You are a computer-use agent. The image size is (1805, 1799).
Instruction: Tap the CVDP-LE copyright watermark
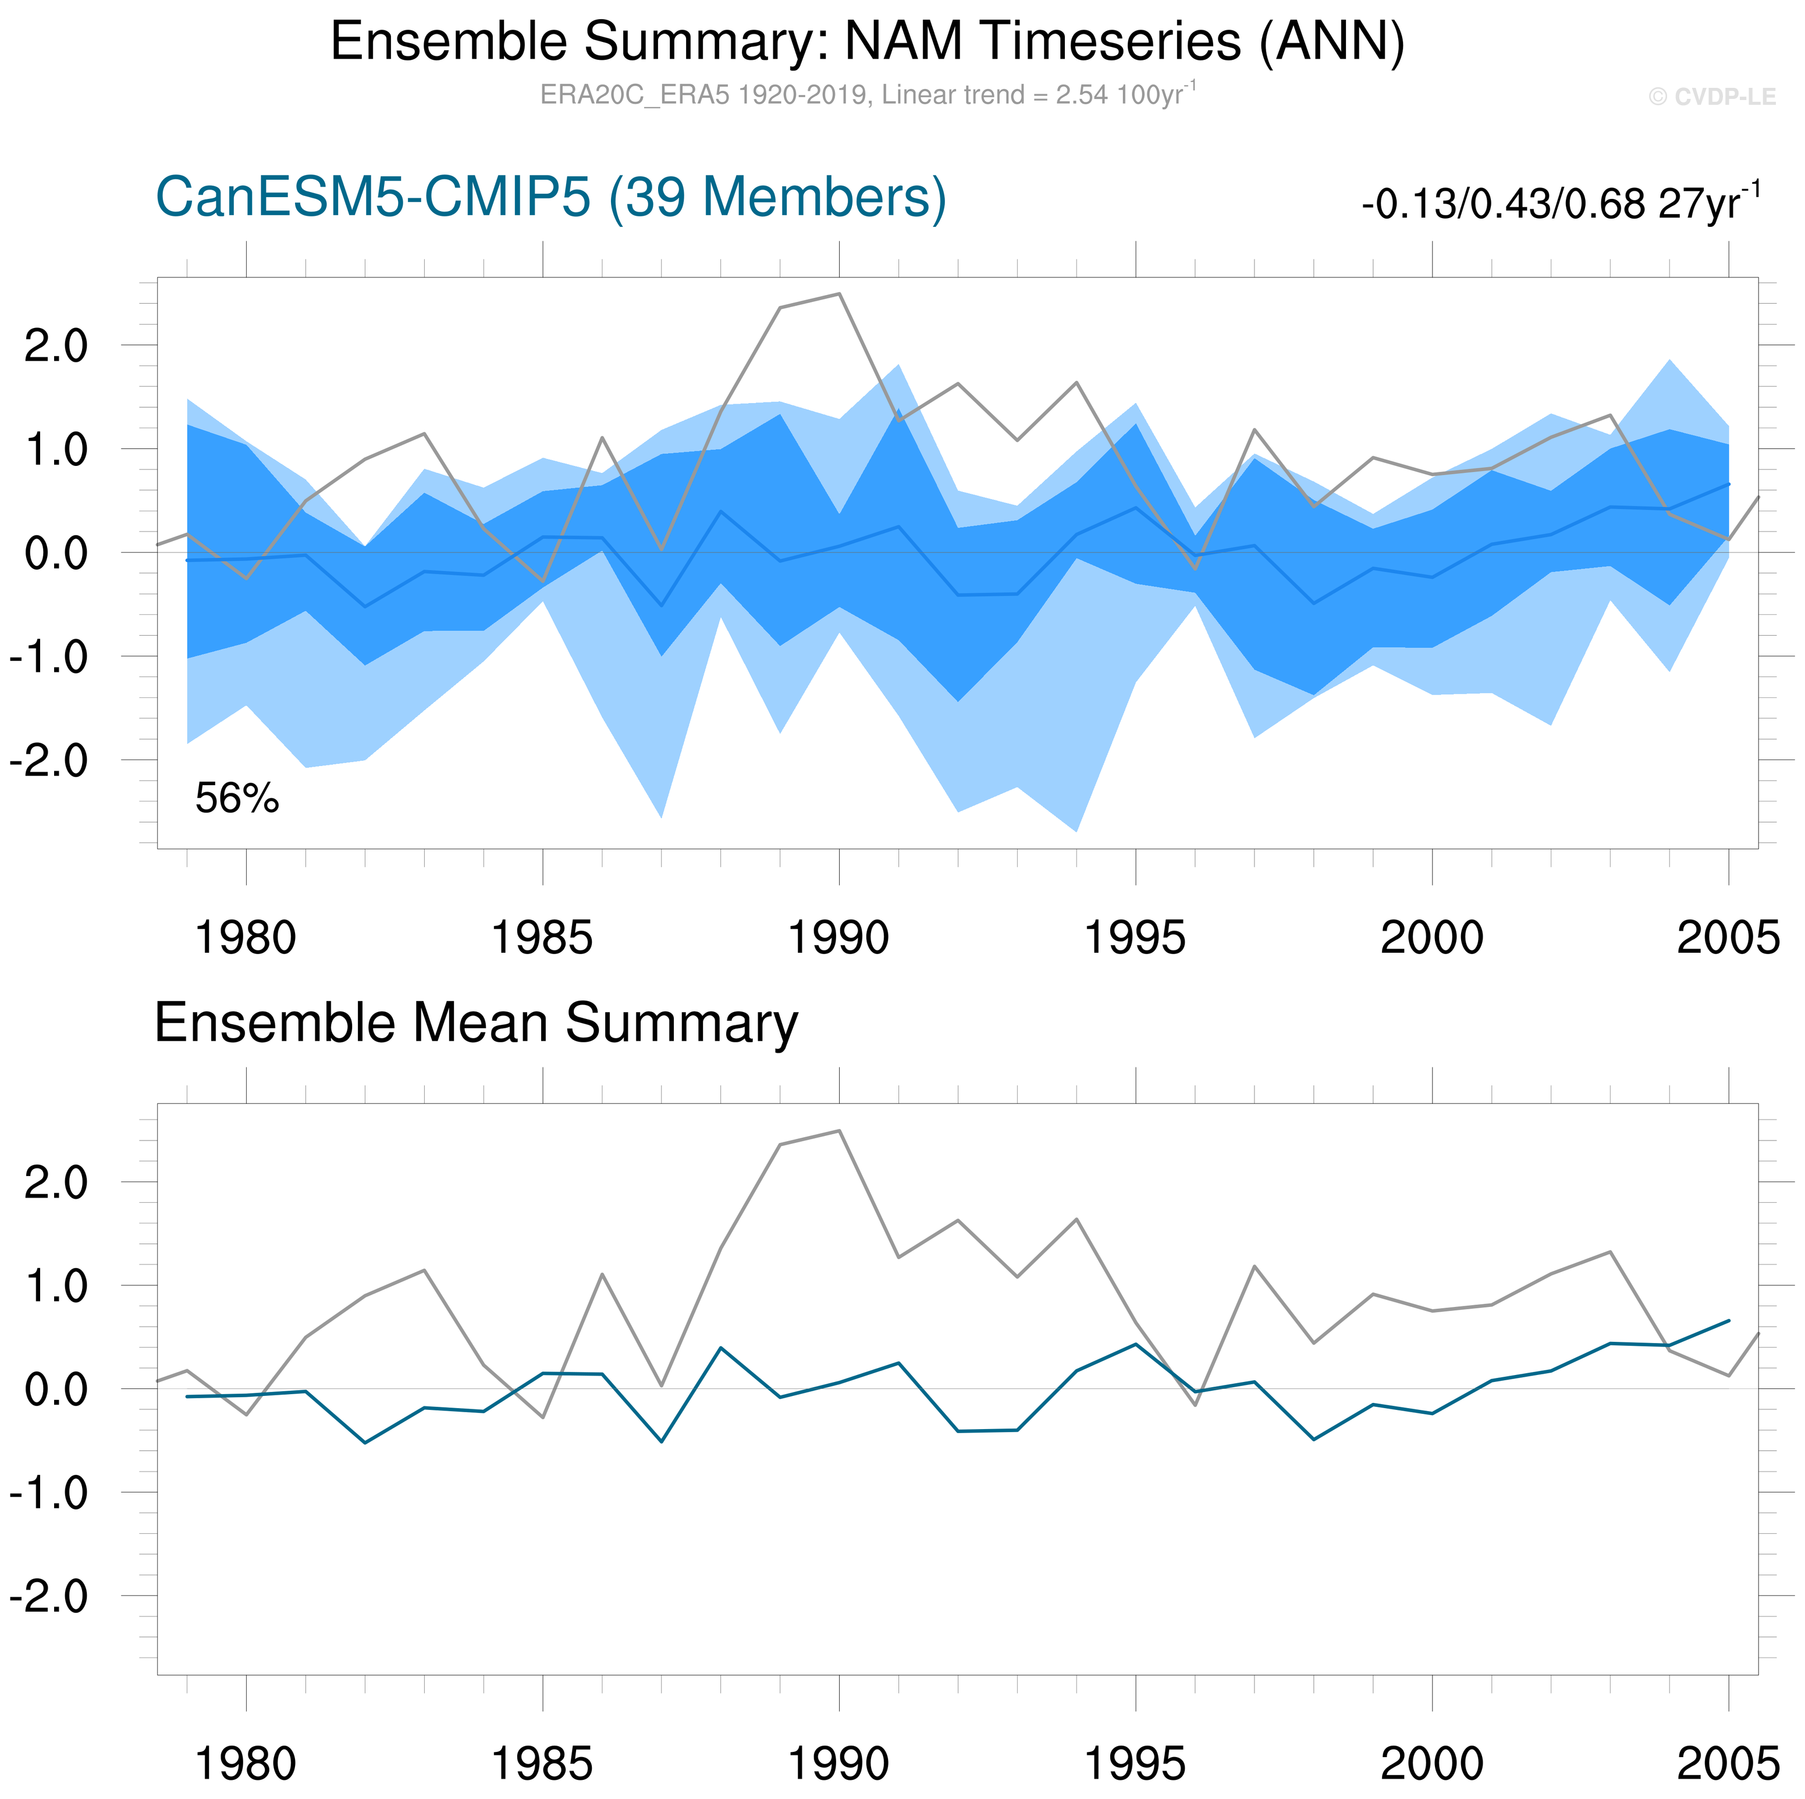1711,97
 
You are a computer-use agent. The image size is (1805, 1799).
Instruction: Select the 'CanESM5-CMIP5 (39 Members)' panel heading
550,198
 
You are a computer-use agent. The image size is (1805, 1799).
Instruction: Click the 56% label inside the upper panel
236,799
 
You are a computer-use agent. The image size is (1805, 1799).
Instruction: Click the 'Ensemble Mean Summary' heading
475,1023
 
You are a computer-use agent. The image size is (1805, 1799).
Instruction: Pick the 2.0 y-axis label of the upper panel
56,347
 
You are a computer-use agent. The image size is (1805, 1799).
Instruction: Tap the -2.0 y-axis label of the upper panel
48,760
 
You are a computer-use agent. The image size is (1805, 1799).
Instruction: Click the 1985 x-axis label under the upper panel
542,938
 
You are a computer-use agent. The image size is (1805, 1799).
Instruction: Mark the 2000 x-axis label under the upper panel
1431,938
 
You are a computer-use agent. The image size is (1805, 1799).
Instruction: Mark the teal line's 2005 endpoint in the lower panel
1728,1321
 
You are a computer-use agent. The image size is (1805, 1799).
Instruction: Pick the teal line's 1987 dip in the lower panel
662,1441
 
